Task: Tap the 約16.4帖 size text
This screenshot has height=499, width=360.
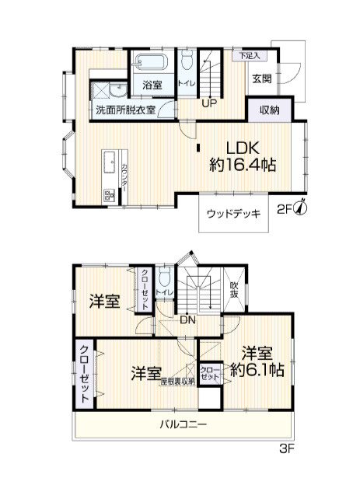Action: coord(243,165)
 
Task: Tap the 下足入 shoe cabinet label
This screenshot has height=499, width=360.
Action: coord(249,56)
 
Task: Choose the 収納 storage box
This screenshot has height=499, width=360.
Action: coord(270,110)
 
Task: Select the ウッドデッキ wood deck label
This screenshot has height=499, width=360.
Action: coord(234,215)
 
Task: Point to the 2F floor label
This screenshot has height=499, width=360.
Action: coord(285,208)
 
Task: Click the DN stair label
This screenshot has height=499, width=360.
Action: coord(187,318)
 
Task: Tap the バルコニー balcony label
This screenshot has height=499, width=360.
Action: coord(183,424)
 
